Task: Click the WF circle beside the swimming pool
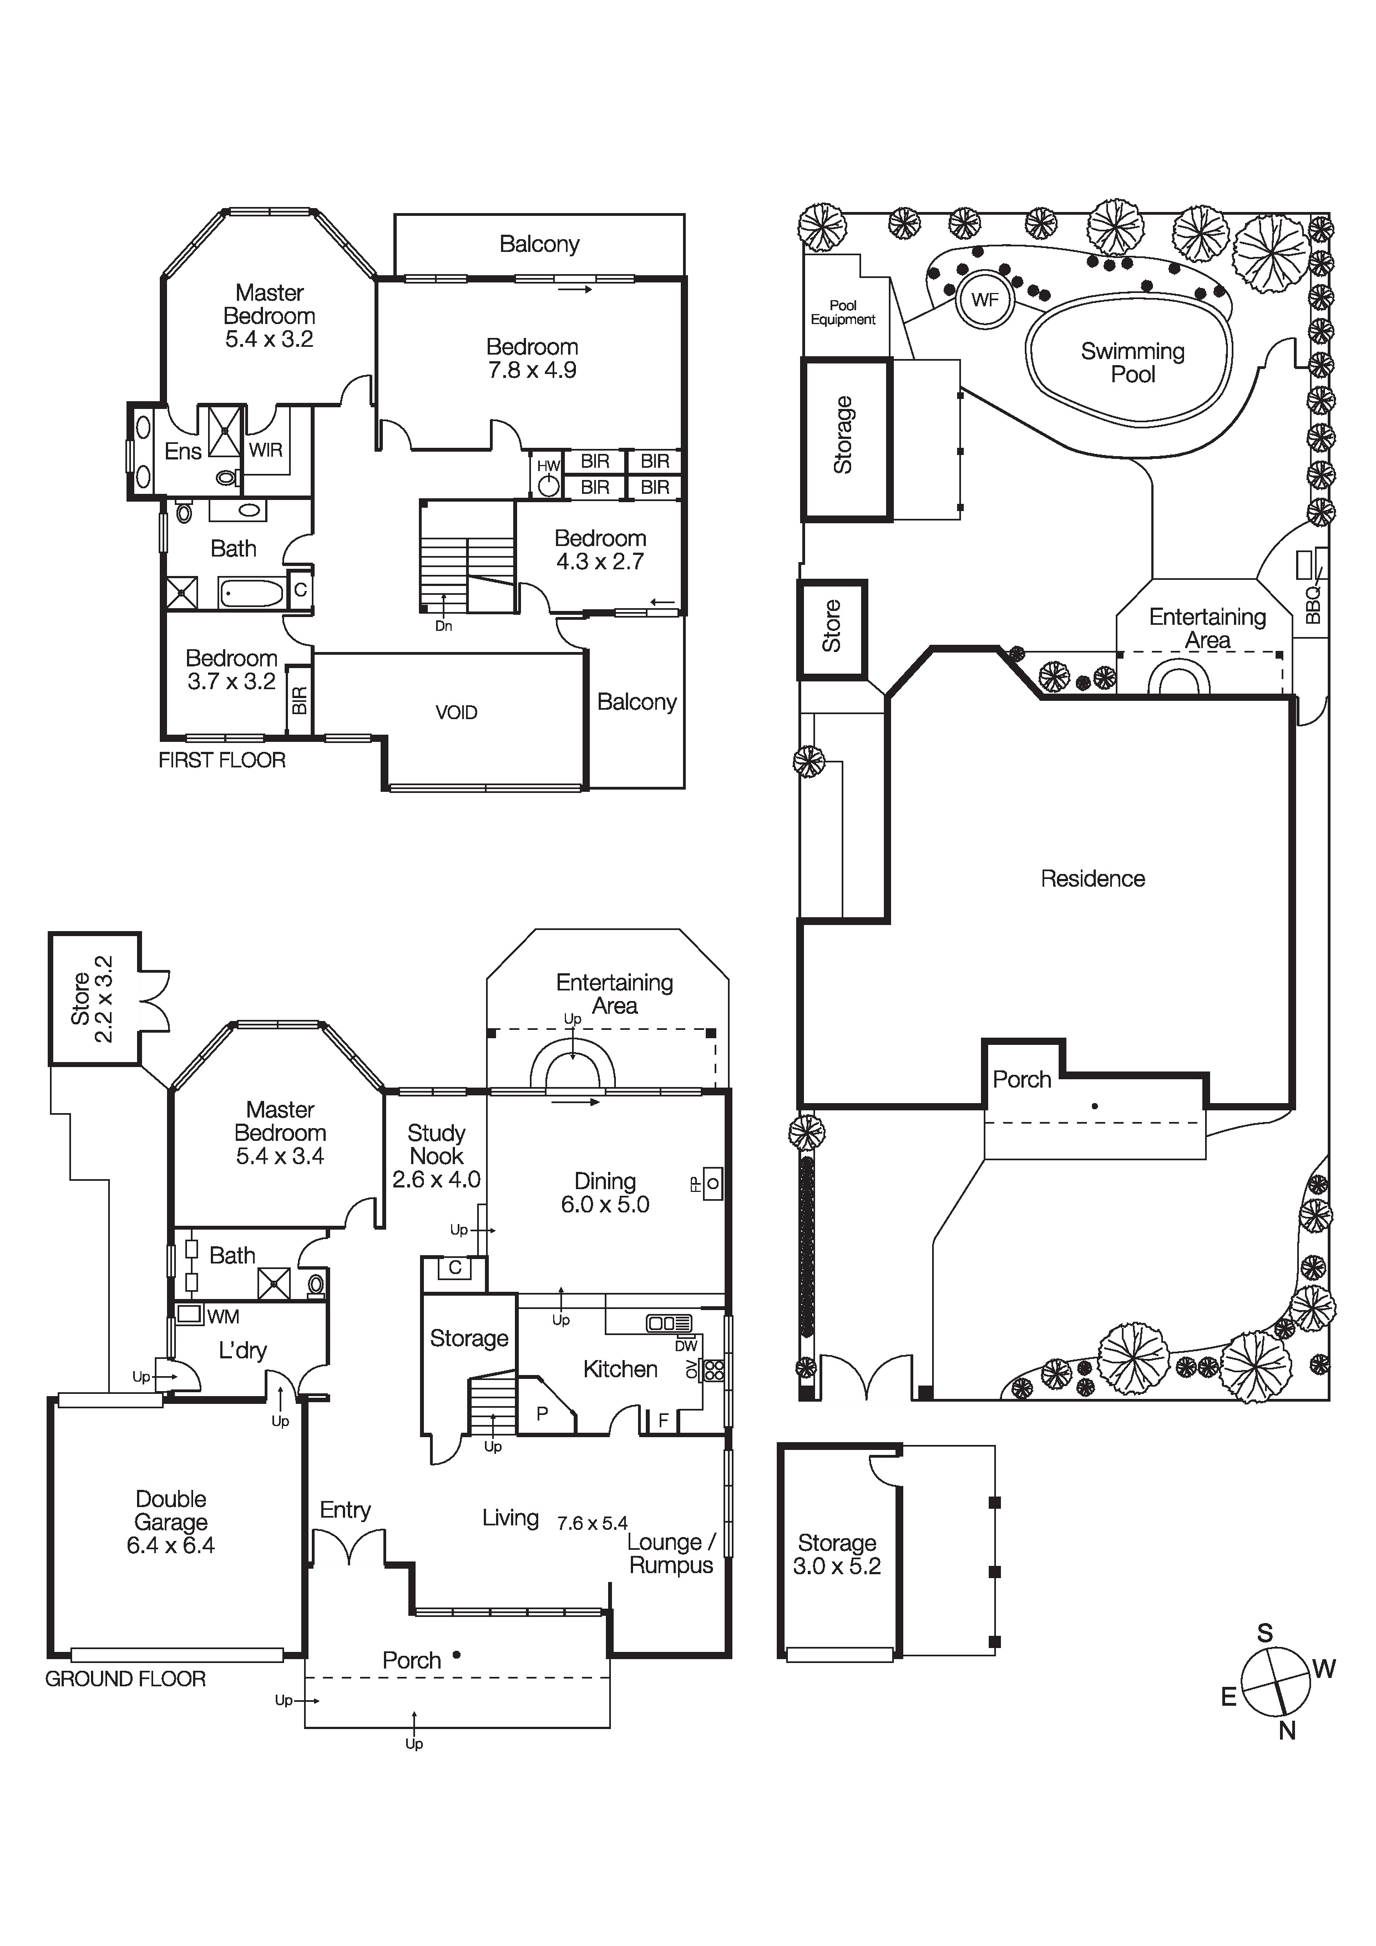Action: pos(984,299)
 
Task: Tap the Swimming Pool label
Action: pos(1133,363)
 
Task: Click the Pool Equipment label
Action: pos(843,312)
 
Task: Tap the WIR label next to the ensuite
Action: pos(265,450)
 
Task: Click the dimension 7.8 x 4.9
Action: pos(532,370)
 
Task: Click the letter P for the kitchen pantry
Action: pos(542,1413)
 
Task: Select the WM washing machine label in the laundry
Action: pos(223,1316)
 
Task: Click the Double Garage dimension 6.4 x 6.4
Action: pos(170,1545)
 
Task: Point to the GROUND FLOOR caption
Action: pos(125,1679)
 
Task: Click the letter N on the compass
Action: pos(1287,1732)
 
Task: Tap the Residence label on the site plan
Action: pos(1092,879)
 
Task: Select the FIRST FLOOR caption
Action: pos(222,760)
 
